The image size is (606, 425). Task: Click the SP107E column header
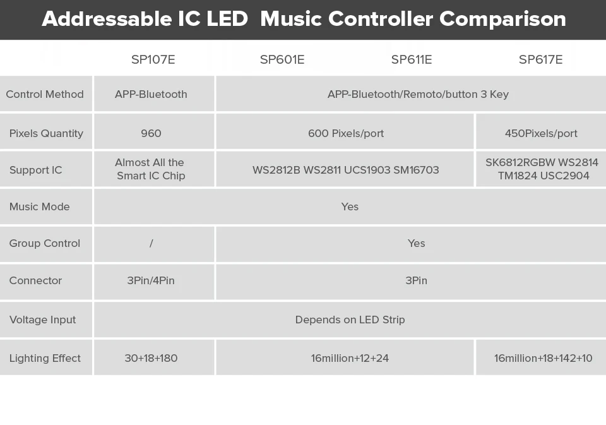pos(153,59)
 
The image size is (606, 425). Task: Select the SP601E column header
pos(282,59)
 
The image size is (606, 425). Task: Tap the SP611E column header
pos(412,59)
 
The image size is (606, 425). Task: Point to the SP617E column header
pos(541,59)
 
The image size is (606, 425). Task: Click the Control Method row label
pos(45,94)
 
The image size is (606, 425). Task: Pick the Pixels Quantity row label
pos(46,133)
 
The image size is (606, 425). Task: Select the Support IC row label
pos(35,170)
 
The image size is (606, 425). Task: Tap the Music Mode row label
pos(39,207)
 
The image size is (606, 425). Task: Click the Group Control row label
pos(45,243)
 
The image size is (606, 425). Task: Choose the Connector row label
pos(35,280)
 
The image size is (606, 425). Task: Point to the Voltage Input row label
pos(42,320)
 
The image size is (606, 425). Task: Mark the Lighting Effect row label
pos(45,358)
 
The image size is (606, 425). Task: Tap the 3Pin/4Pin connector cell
pos(151,280)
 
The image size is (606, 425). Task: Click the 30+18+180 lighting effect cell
pos(151,358)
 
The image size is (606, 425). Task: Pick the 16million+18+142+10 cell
pos(543,358)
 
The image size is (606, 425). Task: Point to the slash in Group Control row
pos(151,243)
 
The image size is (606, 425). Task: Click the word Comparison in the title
pos(503,18)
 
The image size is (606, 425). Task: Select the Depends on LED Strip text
pos(350,320)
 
